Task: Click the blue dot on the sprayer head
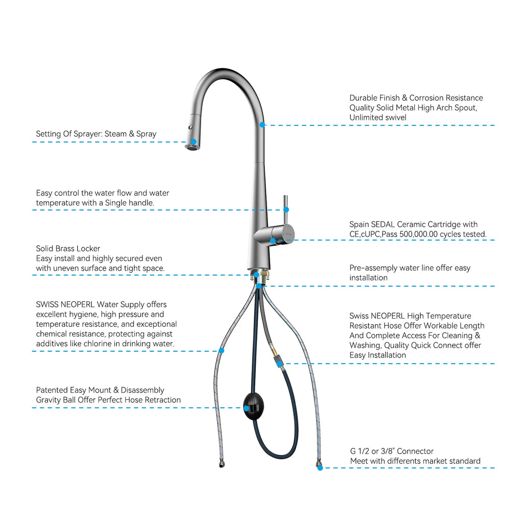[x=194, y=142]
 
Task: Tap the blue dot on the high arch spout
[x=262, y=125]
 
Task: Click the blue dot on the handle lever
[x=286, y=209]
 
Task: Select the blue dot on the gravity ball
[x=246, y=408]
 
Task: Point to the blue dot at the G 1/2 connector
[x=320, y=468]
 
